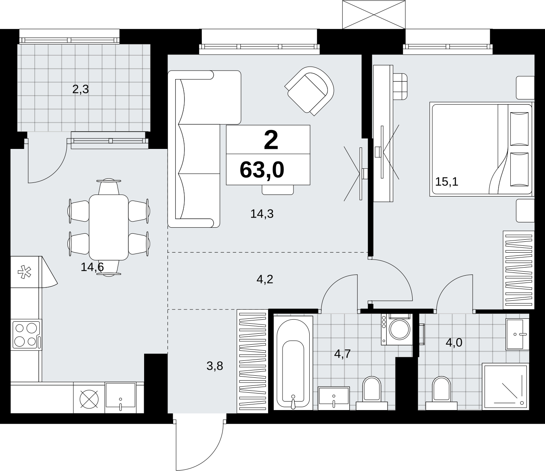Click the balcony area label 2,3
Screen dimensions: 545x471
coord(80,90)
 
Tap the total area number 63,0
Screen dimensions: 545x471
coord(262,170)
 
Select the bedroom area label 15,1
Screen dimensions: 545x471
coord(446,182)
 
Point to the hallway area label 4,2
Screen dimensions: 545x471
coord(265,279)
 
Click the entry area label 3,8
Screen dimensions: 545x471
coord(215,366)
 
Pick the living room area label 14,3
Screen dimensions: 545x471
coord(262,214)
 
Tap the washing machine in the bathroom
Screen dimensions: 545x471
coord(397,329)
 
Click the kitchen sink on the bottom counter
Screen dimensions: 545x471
coord(120,398)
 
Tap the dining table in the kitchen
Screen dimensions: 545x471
coord(109,227)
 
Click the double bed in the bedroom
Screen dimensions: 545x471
coord(481,149)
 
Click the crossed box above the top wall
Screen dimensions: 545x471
coord(374,15)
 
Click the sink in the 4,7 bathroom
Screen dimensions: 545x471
coord(334,398)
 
